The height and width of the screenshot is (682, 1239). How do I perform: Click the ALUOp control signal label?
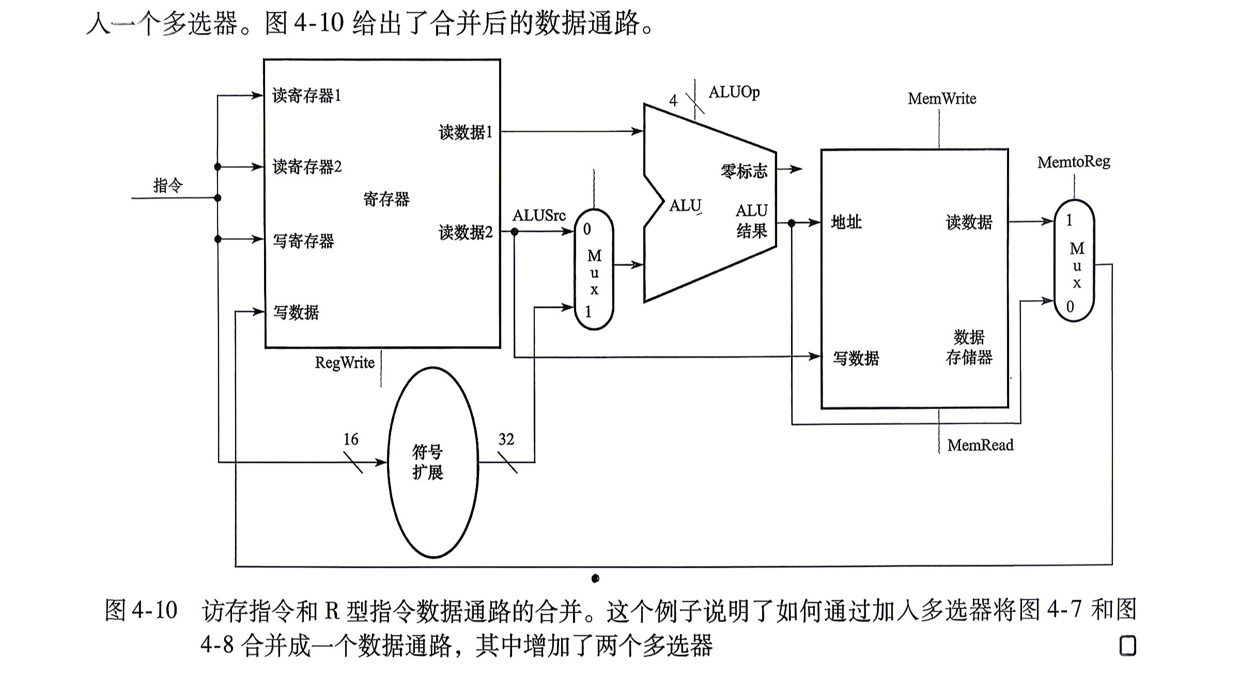(x=734, y=92)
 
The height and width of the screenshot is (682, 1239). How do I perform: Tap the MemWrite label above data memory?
(x=942, y=99)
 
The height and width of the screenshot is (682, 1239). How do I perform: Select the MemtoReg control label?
(x=1073, y=162)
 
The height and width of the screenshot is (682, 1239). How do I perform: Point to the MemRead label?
(x=980, y=445)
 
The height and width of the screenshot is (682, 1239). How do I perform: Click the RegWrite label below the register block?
(x=345, y=363)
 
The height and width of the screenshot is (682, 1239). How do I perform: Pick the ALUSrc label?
(x=539, y=215)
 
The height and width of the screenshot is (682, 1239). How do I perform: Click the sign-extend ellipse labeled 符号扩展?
(x=433, y=462)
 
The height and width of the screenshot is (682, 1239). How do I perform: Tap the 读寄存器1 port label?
(x=307, y=96)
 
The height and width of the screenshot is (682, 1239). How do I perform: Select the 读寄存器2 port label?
(x=307, y=167)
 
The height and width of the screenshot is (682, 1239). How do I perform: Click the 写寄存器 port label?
(x=304, y=241)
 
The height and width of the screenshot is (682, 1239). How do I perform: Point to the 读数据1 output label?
(x=466, y=132)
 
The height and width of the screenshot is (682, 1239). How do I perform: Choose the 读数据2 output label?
(x=466, y=233)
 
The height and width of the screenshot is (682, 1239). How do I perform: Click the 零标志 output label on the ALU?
(x=744, y=171)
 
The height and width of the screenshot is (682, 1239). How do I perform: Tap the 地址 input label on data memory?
(x=846, y=222)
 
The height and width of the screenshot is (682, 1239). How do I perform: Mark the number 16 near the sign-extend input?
(x=351, y=439)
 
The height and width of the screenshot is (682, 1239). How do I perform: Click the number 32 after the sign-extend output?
(x=506, y=439)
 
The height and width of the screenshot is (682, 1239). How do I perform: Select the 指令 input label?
(x=168, y=185)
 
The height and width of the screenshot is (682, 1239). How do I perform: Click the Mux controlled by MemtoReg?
(x=1074, y=261)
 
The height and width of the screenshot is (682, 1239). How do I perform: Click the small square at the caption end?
(x=1127, y=646)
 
